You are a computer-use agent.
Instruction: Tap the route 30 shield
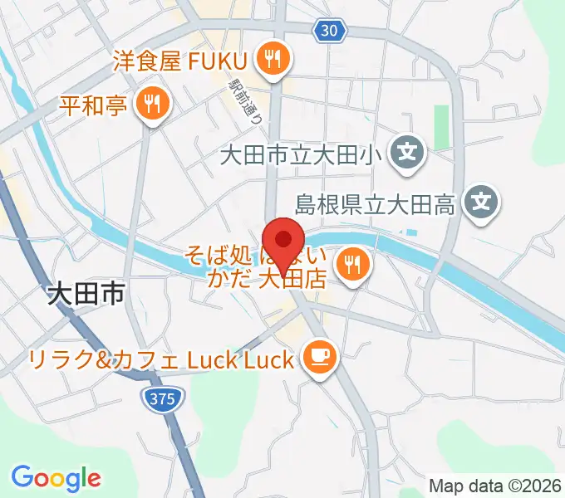(329, 31)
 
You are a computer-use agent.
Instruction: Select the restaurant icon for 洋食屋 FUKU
(272, 58)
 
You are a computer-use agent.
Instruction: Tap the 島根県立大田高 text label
(376, 203)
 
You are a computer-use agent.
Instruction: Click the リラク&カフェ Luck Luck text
(161, 359)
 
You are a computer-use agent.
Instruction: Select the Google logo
(56, 477)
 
